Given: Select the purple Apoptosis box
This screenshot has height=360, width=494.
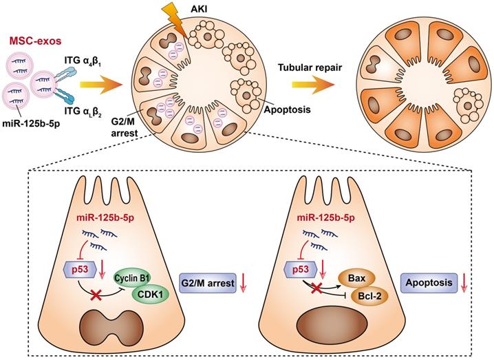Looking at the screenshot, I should pyautogui.click(x=428, y=281).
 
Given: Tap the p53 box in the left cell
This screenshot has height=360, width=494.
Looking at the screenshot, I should pyautogui.click(x=77, y=268).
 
